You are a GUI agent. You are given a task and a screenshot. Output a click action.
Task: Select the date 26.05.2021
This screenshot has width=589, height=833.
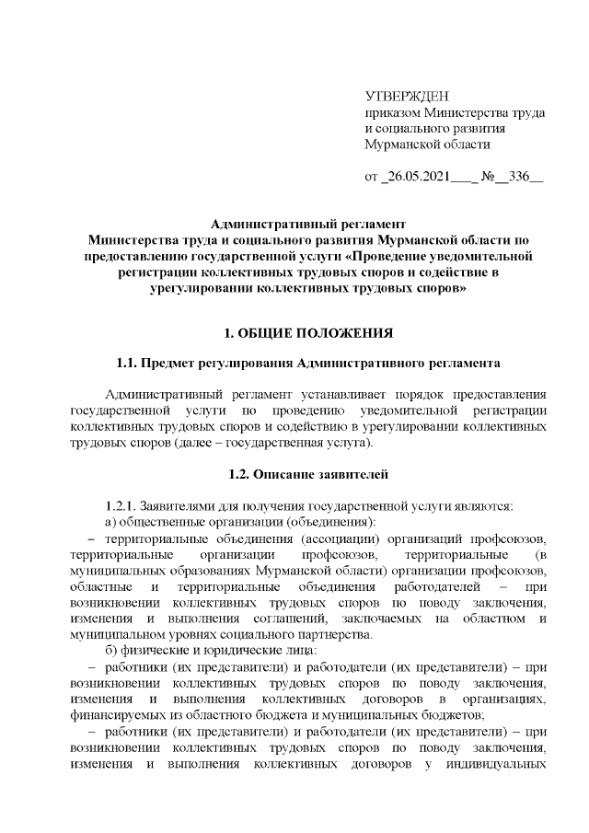[x=412, y=177]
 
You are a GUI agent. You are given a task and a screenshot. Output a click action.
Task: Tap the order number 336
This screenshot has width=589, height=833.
[x=520, y=177]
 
